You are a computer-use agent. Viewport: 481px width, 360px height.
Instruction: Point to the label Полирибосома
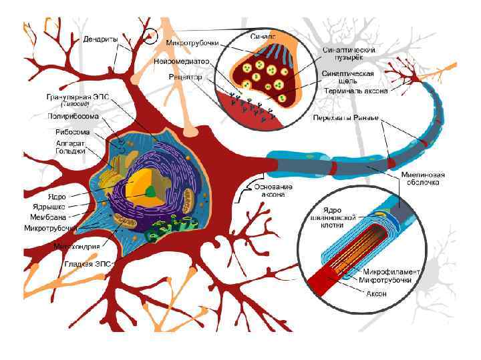click(73, 115)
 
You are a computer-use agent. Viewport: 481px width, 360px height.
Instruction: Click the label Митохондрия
click(77, 246)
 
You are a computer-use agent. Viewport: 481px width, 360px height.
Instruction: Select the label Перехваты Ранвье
click(346, 119)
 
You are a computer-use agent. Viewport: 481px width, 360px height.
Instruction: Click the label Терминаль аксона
click(355, 90)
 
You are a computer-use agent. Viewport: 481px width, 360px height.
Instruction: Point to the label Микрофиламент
click(392, 271)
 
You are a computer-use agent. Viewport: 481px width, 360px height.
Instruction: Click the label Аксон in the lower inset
click(375, 293)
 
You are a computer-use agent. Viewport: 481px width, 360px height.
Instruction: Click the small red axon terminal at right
click(416, 79)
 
